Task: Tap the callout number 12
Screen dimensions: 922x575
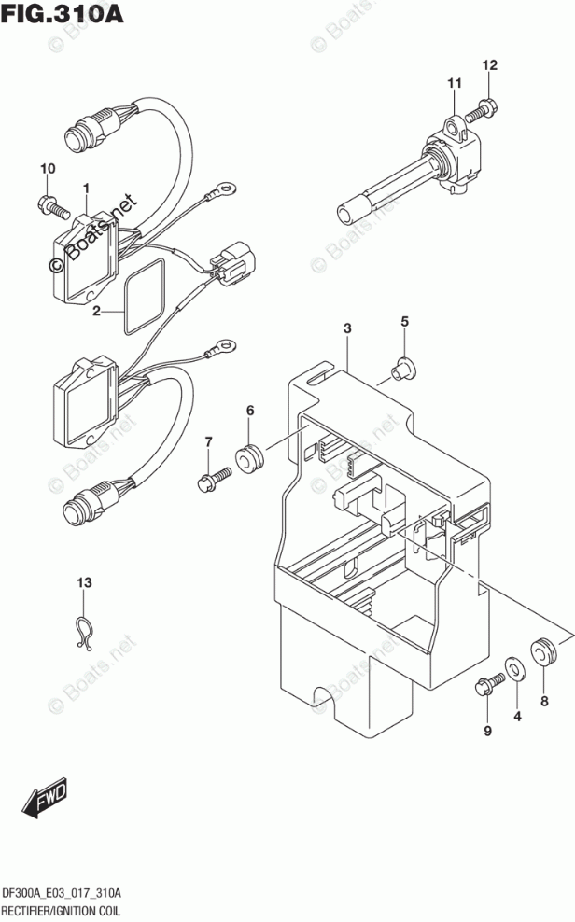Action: [490, 65]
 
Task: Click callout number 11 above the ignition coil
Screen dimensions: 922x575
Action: [454, 85]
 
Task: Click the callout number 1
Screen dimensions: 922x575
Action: [85, 189]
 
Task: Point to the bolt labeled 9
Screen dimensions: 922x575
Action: [484, 689]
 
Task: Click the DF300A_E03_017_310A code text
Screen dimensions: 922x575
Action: [74, 890]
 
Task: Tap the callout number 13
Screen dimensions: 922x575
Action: [85, 583]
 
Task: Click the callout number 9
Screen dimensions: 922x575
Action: [486, 731]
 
